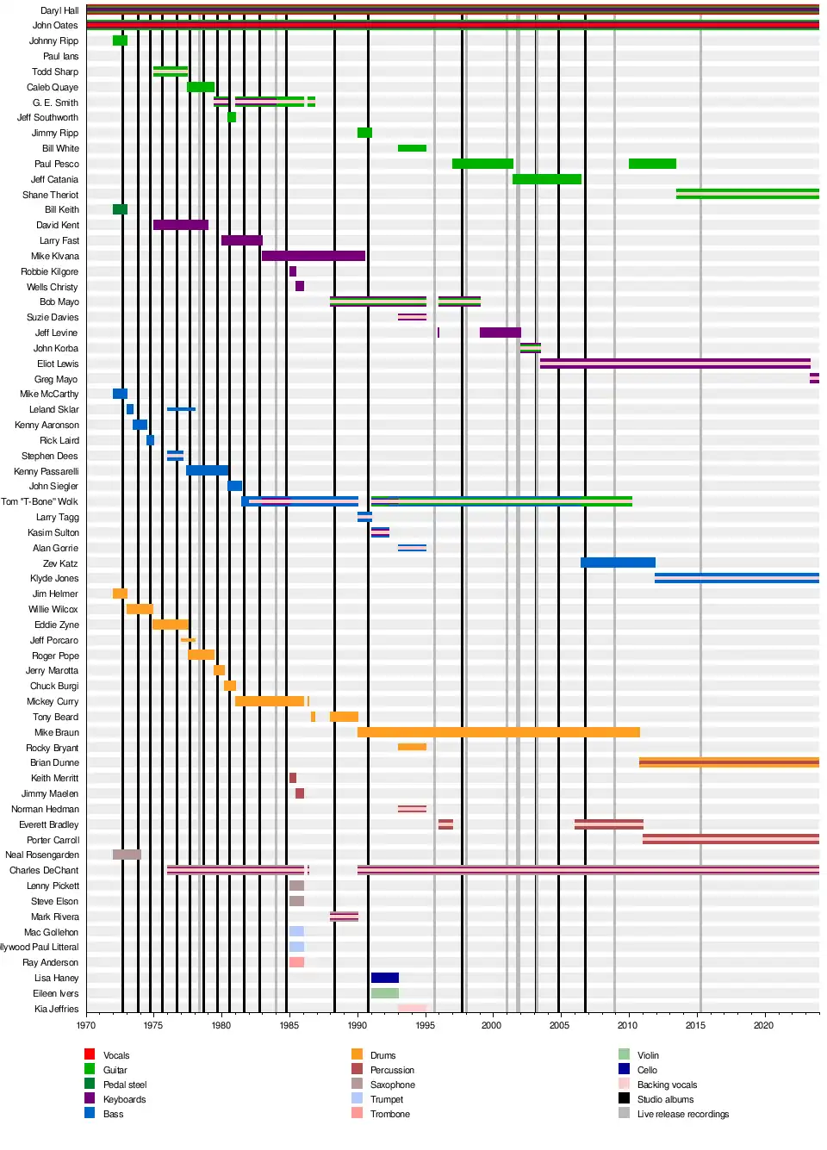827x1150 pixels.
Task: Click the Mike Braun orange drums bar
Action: point(498,732)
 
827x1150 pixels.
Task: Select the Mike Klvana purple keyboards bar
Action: point(313,256)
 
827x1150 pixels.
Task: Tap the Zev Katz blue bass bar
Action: point(618,563)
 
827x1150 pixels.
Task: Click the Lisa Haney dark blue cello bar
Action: point(384,978)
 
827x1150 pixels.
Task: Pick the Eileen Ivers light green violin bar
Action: point(384,993)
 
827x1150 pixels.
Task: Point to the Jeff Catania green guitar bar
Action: point(546,179)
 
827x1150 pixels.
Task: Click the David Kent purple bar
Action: point(180,225)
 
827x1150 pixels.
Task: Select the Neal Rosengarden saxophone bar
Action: point(126,855)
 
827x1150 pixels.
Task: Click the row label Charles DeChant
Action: point(44,870)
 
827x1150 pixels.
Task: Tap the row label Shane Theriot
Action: point(50,195)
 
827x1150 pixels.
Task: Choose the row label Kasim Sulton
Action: point(53,532)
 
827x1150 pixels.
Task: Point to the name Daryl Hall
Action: point(59,10)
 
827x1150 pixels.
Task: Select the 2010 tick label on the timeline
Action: point(627,1025)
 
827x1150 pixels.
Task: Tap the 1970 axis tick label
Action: point(86,1025)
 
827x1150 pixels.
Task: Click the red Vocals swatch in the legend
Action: point(90,1054)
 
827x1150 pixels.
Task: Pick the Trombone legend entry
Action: point(389,1114)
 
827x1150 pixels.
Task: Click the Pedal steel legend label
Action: point(125,1085)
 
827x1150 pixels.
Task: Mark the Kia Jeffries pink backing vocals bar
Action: point(412,1008)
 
